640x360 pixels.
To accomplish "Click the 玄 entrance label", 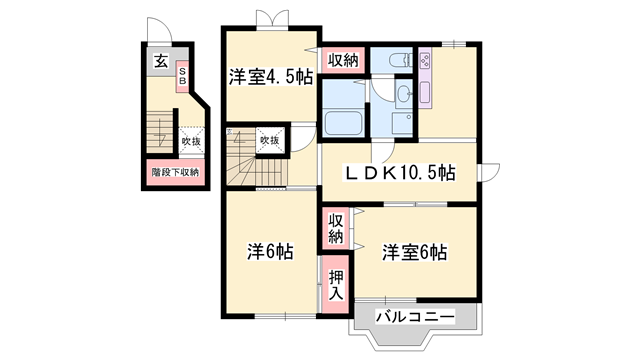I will (x=160, y=61).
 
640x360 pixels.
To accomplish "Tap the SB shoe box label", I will (x=183, y=76).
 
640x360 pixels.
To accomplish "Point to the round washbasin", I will (x=402, y=95).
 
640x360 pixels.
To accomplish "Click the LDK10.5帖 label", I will (x=400, y=173).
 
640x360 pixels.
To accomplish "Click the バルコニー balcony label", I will (x=415, y=317).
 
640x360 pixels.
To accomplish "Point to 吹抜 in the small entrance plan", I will (x=190, y=142).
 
